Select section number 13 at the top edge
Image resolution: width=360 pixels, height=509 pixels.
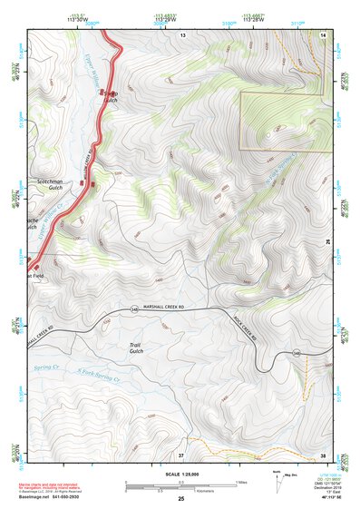click(181, 34)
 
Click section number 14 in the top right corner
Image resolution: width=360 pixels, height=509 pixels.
click(323, 34)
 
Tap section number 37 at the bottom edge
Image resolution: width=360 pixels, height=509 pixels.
click(180, 454)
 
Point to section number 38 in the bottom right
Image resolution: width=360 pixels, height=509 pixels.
click(323, 454)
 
